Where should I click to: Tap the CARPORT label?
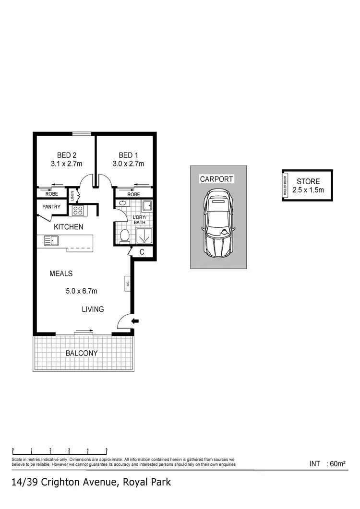(216, 179)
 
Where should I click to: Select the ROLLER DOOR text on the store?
(286, 185)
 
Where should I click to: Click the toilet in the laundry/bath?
(125, 236)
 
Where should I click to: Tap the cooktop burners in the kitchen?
(78, 210)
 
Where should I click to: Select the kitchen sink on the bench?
(50, 240)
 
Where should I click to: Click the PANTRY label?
(51, 207)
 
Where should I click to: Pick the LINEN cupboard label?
(72, 195)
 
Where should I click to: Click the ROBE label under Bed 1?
(134, 194)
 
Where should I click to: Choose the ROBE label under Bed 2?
(52, 194)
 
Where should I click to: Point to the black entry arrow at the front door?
(135, 321)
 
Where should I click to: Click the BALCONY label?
(82, 353)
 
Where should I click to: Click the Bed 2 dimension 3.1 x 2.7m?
(67, 164)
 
